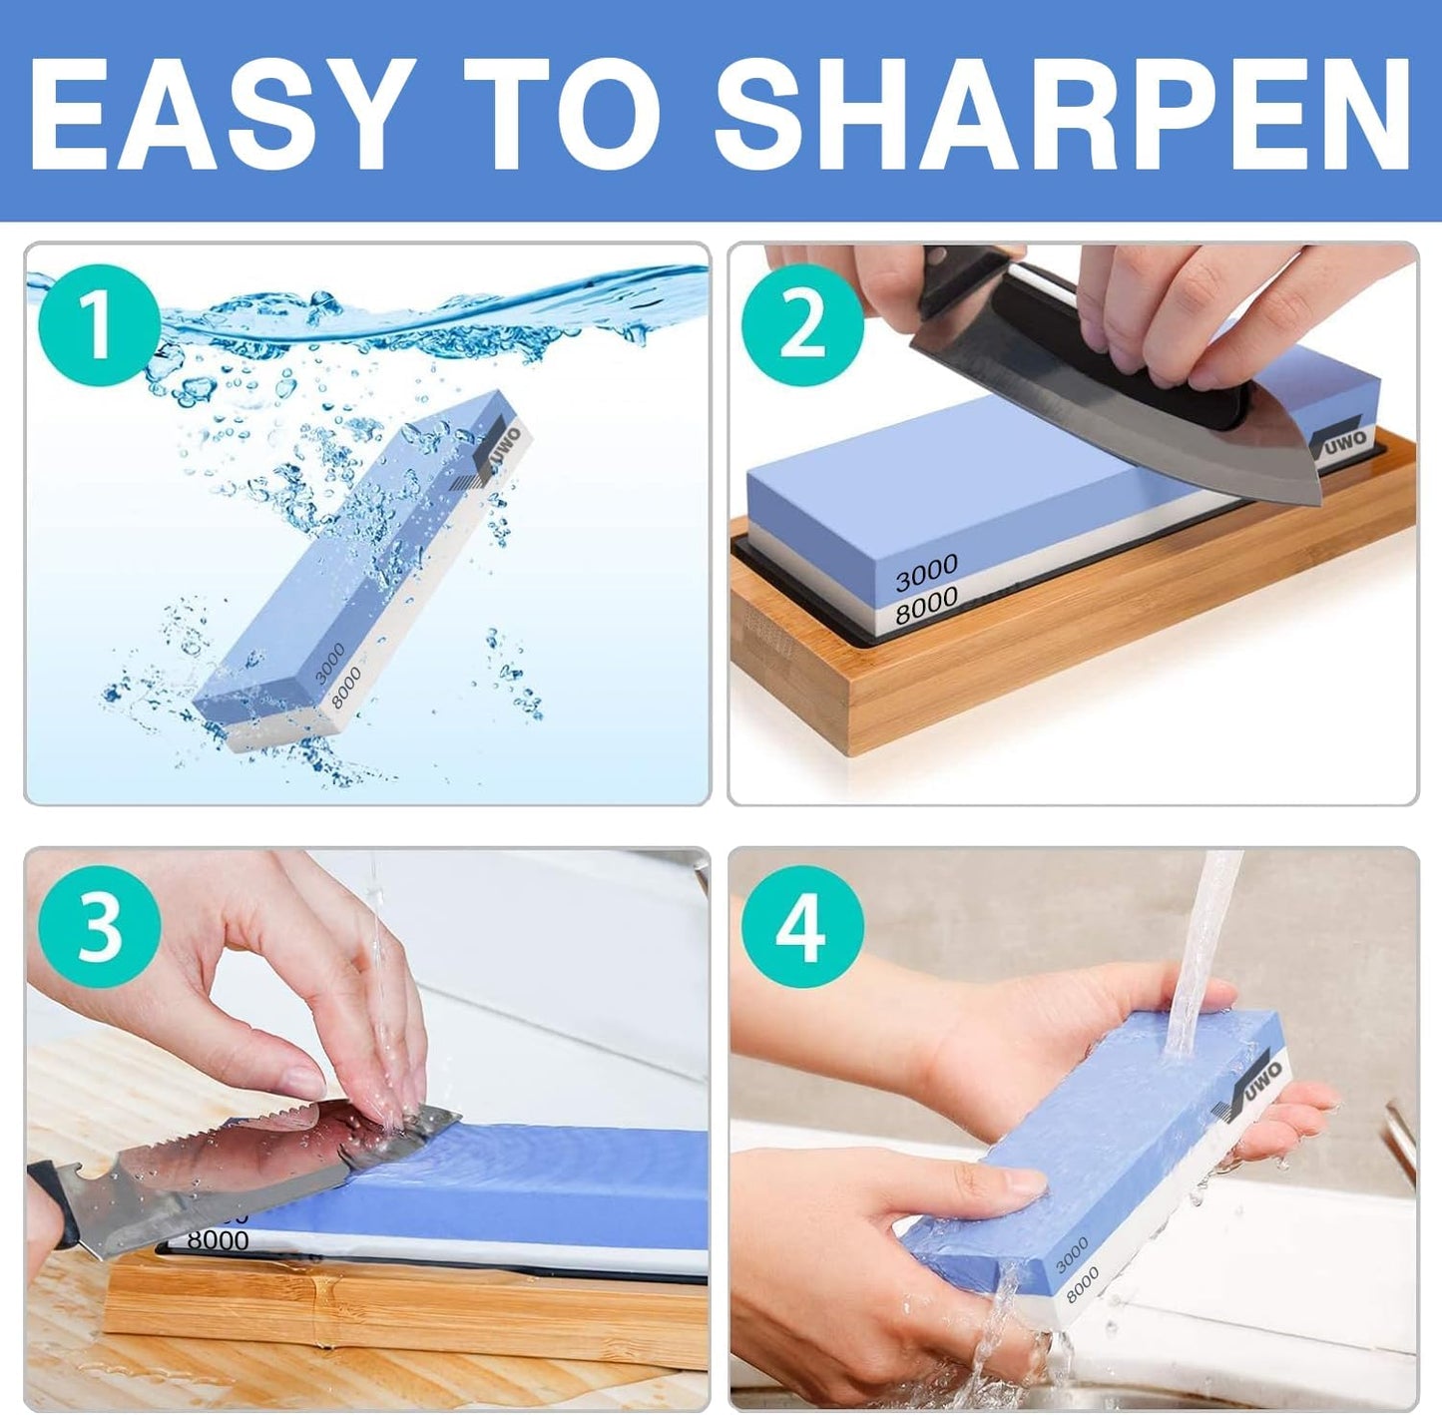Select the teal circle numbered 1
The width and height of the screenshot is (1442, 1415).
click(x=99, y=325)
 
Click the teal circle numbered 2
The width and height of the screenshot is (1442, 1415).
click(x=802, y=325)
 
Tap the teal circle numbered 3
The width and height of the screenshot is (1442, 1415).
click(x=99, y=927)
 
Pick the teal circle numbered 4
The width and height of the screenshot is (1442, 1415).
click(x=802, y=927)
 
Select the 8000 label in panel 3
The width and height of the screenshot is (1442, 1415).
click(x=218, y=1240)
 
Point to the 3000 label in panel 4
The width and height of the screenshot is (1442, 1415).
click(x=1073, y=1255)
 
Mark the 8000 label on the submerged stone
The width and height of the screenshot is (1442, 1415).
click(x=346, y=689)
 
